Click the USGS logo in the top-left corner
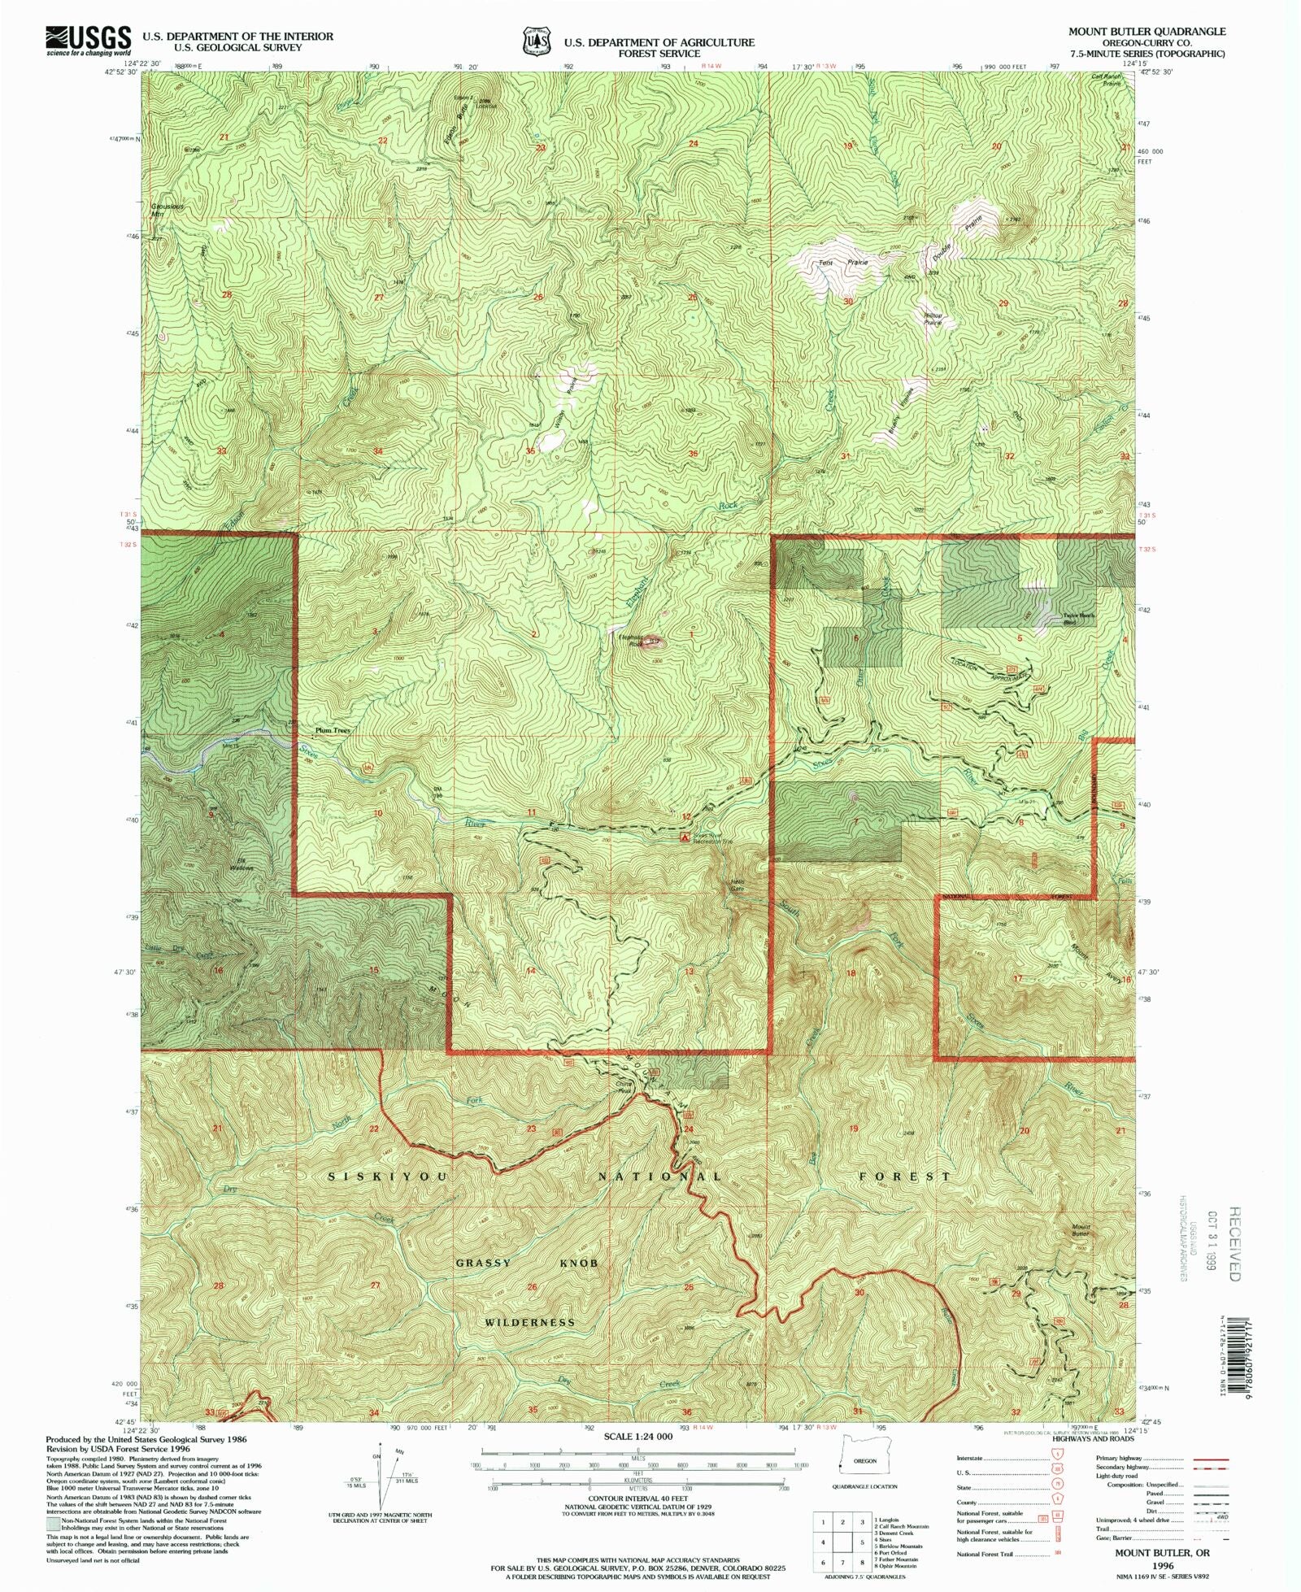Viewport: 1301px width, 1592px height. click(x=89, y=40)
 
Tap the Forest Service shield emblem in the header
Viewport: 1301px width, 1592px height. click(x=536, y=41)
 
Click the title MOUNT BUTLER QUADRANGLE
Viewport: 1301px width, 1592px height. click(x=1147, y=32)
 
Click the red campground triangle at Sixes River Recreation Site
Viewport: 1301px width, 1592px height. click(x=685, y=836)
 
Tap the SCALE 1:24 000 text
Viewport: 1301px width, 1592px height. click(x=638, y=1437)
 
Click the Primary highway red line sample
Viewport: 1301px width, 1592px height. click(x=1210, y=1459)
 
